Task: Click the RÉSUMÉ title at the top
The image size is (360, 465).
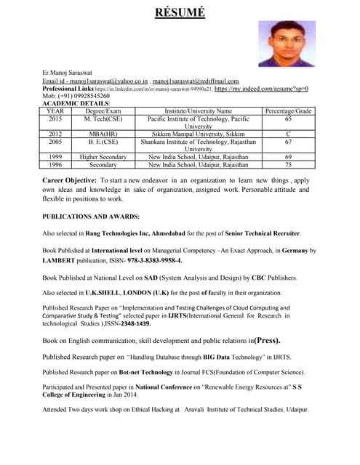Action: tap(180, 12)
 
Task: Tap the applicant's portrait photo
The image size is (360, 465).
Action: tap(287, 44)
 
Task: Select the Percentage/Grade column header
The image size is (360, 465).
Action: tap(288, 110)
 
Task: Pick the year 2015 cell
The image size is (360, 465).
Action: tap(55, 118)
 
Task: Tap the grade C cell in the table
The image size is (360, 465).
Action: tap(288, 134)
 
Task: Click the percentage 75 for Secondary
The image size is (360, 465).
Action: tap(288, 164)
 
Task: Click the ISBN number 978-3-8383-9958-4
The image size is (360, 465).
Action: tap(154, 260)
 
